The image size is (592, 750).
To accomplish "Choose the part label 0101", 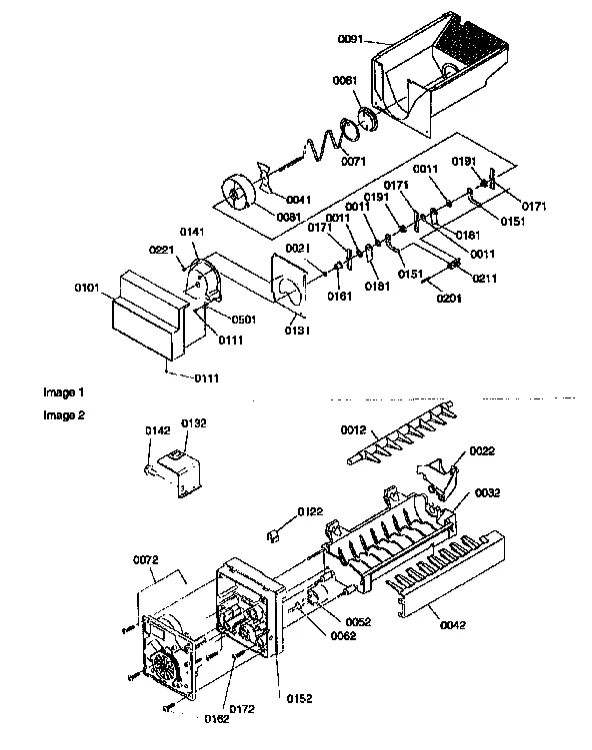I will point(88,289).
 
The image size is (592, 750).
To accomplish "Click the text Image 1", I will point(63,392).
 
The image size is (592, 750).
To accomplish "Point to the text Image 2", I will point(63,412).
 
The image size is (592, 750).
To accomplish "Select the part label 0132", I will point(193,422).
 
